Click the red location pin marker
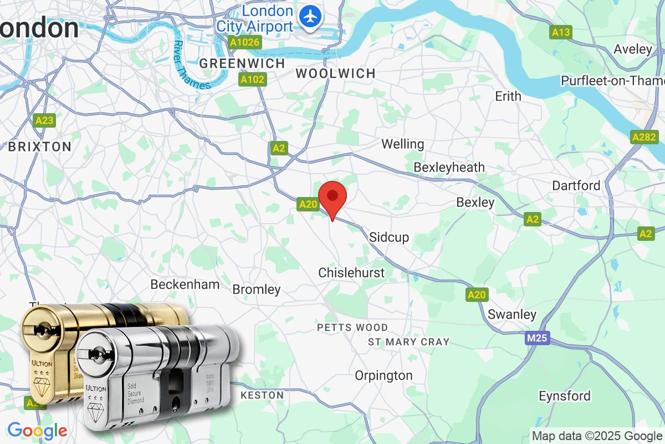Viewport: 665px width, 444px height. tap(332, 198)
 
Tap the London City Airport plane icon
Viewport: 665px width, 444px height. tap(311, 16)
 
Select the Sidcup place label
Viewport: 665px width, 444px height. tap(389, 238)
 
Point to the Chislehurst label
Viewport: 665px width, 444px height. tap(351, 273)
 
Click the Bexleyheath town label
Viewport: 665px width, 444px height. tap(449, 167)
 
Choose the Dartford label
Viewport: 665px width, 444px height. tap(576, 185)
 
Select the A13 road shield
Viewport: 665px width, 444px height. tap(561, 33)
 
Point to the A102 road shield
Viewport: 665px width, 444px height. tap(253, 80)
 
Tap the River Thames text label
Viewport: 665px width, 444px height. tap(191, 65)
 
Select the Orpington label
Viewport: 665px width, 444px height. tap(383, 375)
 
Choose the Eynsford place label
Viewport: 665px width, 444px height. tap(565, 396)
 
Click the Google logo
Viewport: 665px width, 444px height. tap(37, 430)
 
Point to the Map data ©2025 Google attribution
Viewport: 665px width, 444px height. tap(597, 435)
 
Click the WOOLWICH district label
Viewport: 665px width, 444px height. tap(335, 73)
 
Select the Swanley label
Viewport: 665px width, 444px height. tap(512, 315)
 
